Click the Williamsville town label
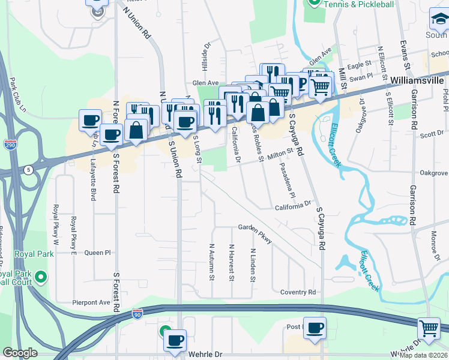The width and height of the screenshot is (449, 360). [x=419, y=79]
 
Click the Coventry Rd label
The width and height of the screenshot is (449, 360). [x=298, y=292]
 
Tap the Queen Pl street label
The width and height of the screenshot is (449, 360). [x=98, y=253]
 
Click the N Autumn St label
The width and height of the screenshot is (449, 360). [x=212, y=262]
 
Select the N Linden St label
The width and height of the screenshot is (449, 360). [x=253, y=266]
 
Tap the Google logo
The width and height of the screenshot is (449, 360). [x=20, y=353]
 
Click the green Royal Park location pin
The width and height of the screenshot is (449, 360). [x=41, y=277]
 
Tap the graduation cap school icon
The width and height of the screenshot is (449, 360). [x=439, y=21]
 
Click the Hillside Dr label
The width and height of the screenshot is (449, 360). [x=208, y=55]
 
